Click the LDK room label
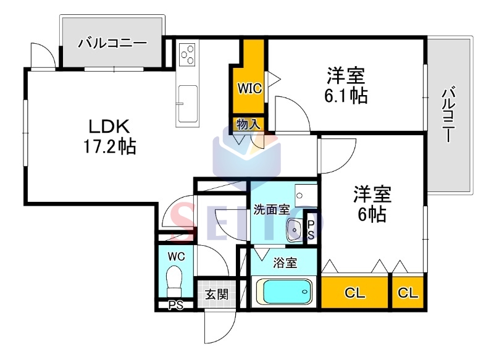109,127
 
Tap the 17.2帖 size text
110,147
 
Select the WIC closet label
249,88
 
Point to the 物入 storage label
249,124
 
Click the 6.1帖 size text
346,96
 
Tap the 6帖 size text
372,215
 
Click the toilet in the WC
174,281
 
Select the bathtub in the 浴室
284,291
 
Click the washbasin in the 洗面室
295,230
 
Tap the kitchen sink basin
188,104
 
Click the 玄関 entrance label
217,295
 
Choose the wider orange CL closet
354,293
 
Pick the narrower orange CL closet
408,293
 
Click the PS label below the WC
175,305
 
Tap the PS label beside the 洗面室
311,230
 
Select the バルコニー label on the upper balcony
112,43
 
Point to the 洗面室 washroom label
272,209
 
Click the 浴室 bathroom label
285,262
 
